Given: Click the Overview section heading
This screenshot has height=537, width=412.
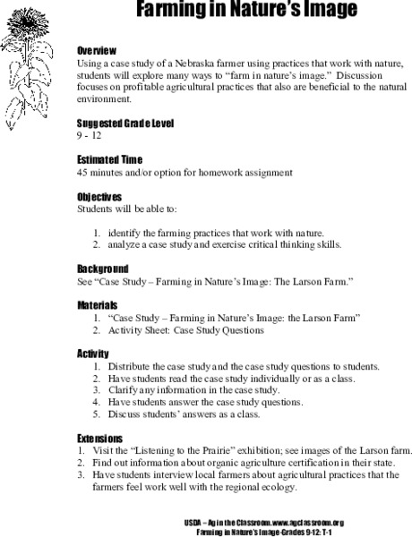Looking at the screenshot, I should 97,52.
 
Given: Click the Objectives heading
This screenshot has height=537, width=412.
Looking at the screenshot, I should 99,197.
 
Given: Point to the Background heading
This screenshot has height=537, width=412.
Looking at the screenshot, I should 102,268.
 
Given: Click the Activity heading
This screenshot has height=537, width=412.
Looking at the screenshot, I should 93,354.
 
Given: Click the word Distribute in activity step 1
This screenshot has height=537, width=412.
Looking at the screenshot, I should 130,367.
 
